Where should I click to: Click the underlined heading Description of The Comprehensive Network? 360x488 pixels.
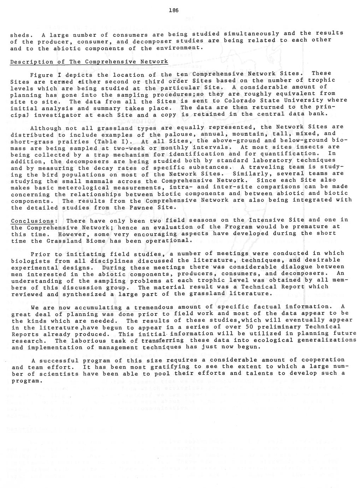(89, 62)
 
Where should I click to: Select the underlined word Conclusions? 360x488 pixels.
(33, 221)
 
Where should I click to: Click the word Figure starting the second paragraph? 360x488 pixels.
(42, 75)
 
